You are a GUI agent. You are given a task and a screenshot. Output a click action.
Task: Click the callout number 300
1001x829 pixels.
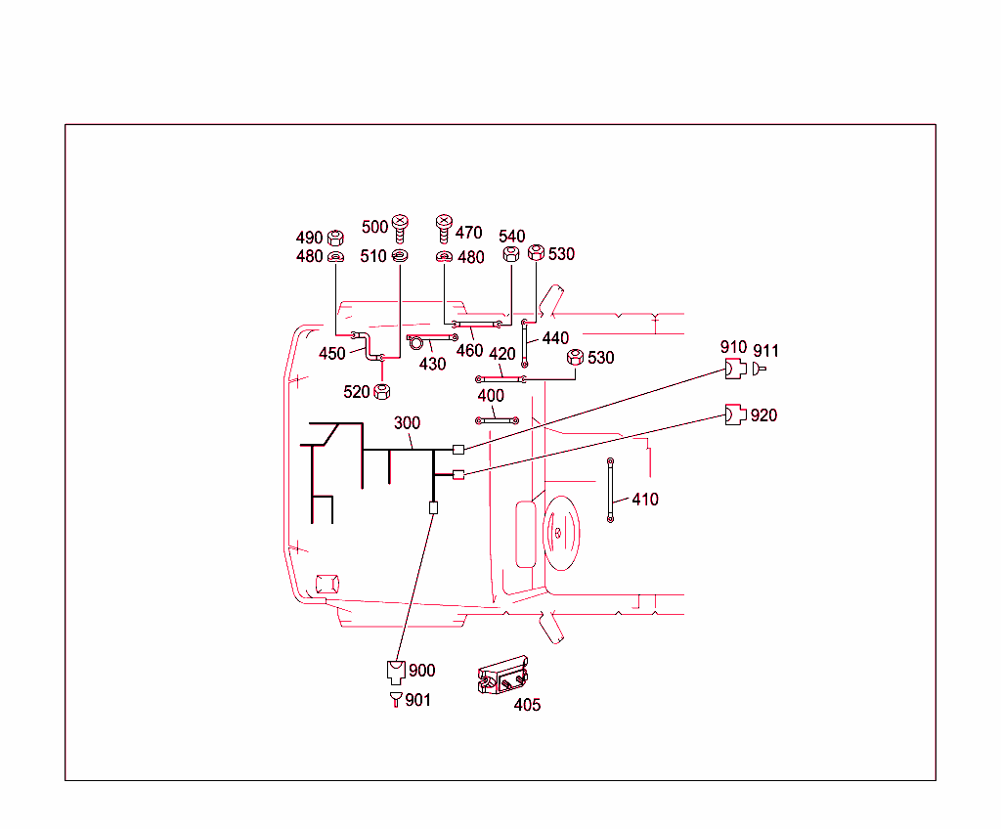point(408,423)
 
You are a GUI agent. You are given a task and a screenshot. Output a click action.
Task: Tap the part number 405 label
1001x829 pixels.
point(527,705)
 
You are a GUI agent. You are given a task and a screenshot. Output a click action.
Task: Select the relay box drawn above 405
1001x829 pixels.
point(503,676)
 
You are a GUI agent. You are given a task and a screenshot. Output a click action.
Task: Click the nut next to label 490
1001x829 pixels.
point(334,237)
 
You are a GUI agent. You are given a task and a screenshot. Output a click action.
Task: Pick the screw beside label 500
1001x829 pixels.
point(400,228)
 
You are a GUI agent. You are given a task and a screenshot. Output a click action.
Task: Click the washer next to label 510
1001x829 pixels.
point(399,256)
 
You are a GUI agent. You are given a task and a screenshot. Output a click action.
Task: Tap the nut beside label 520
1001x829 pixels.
point(383,391)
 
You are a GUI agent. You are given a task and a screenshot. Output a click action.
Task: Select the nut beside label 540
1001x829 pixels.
point(510,254)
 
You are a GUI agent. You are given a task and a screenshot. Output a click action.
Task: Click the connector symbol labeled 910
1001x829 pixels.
point(734,369)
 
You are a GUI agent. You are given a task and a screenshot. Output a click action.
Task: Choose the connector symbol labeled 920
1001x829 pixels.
point(734,414)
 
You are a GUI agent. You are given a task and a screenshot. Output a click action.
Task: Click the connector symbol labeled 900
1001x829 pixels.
point(396,671)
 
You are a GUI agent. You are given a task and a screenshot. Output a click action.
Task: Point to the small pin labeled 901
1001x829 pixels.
point(396,699)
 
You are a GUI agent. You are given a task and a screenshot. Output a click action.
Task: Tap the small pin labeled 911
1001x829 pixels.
point(760,369)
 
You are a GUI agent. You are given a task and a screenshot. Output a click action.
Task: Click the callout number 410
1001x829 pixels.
point(645,500)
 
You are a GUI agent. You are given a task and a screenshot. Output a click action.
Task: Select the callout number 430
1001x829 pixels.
point(432,364)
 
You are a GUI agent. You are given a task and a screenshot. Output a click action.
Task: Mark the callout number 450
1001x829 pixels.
point(332,354)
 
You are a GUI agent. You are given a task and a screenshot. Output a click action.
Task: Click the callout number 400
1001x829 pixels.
point(491,396)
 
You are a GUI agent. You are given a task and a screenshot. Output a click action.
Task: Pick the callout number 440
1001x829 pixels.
point(555,338)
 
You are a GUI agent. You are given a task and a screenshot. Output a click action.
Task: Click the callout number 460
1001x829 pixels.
point(470,351)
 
